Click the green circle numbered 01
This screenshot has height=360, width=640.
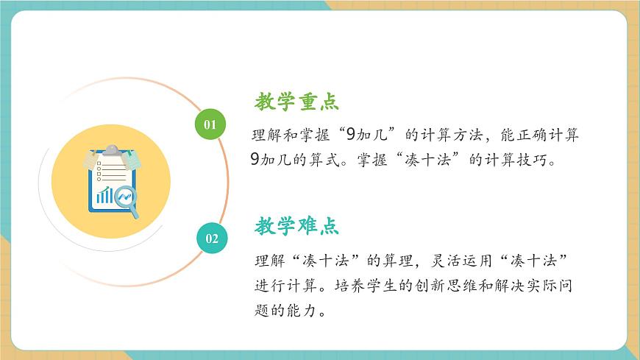click(210, 124)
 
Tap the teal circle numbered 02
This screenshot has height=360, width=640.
click(212, 238)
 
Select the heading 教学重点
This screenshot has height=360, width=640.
click(297, 102)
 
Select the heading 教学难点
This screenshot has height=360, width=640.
click(297, 226)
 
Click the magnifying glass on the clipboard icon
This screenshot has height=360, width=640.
click(127, 199)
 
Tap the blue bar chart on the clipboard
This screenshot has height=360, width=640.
click(105, 196)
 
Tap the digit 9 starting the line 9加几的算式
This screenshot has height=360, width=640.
click(255, 159)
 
